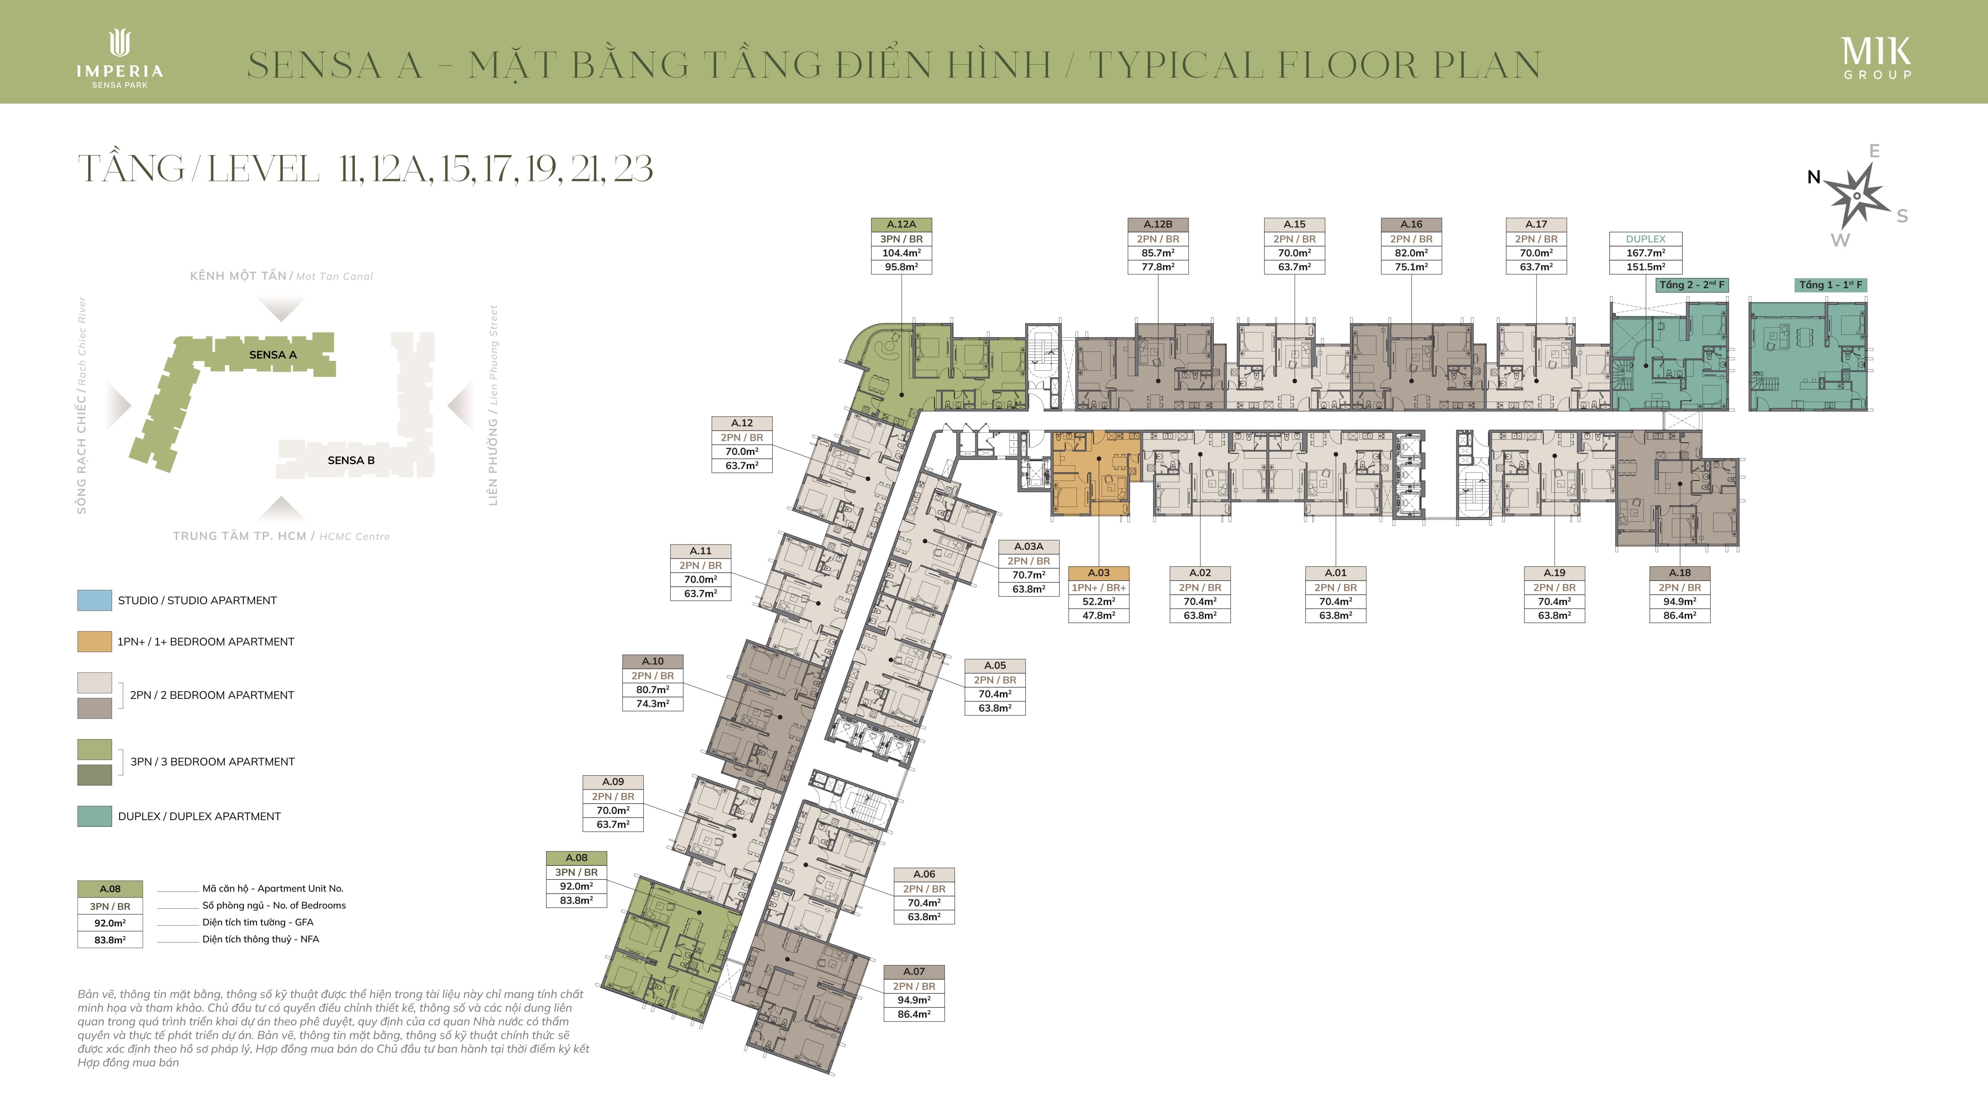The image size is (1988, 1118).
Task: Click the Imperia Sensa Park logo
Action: (x=120, y=59)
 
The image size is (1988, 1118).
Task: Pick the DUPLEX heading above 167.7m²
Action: (x=1645, y=239)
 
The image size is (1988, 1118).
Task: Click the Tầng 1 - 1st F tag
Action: (x=1831, y=285)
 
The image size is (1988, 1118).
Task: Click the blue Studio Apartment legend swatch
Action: (x=94, y=600)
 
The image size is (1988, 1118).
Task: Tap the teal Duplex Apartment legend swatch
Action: (x=94, y=816)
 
